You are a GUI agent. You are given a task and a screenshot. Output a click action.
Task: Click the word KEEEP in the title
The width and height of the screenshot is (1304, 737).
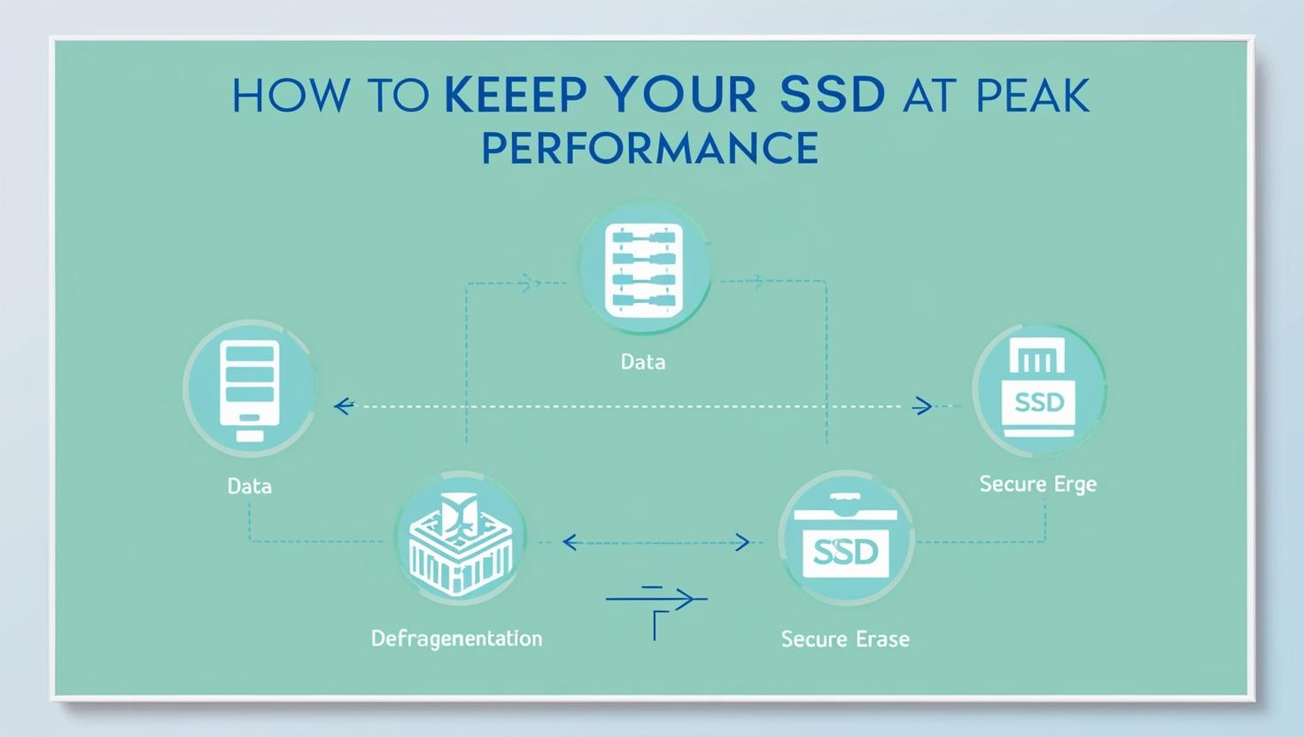516,94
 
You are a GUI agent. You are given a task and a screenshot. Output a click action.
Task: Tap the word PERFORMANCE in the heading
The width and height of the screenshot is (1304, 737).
651,148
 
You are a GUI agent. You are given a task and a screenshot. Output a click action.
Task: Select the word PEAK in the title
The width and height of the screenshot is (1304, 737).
1033,94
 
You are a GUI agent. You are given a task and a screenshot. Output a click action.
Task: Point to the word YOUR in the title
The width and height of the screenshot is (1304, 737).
680,94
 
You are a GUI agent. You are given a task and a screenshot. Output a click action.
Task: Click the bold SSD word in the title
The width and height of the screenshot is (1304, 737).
833,94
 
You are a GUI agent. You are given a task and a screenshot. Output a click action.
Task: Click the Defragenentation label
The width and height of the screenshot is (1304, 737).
456,639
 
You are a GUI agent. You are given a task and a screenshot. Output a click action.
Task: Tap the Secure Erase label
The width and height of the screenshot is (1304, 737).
845,640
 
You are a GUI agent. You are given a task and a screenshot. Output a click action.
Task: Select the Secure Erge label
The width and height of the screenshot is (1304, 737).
1038,485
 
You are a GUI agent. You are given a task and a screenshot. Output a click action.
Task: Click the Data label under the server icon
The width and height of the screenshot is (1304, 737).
249,486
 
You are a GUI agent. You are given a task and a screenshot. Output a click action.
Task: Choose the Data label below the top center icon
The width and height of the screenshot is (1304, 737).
642,362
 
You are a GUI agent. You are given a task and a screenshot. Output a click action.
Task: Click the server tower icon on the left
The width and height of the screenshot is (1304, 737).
250,390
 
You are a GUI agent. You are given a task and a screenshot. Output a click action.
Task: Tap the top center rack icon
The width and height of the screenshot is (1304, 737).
644,269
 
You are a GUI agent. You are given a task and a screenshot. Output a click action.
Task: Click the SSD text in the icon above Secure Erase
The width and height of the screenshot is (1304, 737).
845,552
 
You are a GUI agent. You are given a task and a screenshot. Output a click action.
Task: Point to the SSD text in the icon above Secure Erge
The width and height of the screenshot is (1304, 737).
1039,401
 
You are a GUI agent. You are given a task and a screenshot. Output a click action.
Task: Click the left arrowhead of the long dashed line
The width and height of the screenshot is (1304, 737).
344,406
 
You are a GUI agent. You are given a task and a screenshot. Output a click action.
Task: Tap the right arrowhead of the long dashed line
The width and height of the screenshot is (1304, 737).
923,406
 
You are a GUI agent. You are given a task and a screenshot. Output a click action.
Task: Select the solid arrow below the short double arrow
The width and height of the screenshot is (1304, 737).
656,599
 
